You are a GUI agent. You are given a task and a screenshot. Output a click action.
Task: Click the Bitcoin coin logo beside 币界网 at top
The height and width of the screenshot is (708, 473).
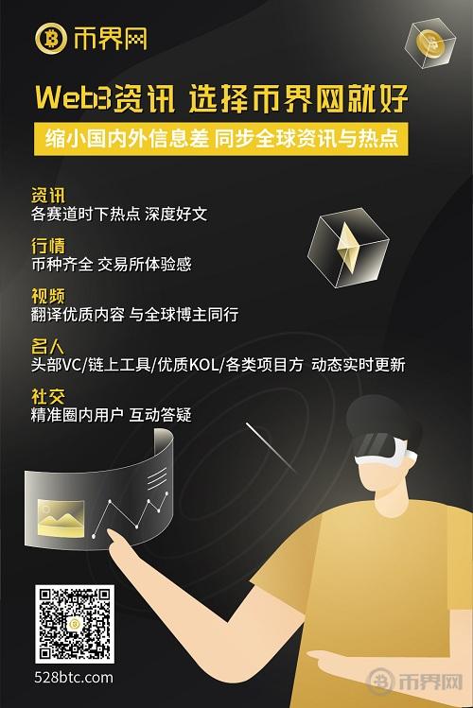(x=51, y=39)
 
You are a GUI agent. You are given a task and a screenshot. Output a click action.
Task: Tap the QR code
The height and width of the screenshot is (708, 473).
(x=75, y=625)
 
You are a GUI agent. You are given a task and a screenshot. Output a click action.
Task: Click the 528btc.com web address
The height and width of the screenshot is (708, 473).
(x=74, y=678)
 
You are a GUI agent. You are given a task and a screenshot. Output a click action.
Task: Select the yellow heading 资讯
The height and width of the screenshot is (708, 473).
(x=48, y=196)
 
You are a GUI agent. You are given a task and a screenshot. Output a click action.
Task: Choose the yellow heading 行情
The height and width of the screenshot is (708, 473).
(x=48, y=246)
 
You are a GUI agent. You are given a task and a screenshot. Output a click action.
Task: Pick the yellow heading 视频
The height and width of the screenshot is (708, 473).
(x=48, y=296)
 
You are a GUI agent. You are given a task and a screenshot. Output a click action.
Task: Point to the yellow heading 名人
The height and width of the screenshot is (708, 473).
(x=48, y=346)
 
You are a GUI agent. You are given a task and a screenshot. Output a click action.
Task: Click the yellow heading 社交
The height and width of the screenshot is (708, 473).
(x=48, y=396)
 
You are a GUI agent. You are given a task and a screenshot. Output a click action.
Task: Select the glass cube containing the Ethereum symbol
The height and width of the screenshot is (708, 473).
(x=348, y=248)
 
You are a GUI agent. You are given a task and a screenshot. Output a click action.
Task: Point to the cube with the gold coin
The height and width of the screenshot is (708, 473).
(x=429, y=43)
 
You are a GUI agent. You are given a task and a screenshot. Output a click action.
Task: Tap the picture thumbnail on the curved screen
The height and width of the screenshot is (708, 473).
(x=61, y=518)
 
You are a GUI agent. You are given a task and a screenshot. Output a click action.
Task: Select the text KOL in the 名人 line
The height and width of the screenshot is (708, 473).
(x=203, y=365)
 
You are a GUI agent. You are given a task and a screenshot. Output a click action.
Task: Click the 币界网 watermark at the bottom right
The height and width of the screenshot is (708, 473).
(x=414, y=681)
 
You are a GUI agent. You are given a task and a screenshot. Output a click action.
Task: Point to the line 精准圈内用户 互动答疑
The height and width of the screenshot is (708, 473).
(x=111, y=415)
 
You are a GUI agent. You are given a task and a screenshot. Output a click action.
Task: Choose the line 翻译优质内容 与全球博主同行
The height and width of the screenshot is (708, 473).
(x=134, y=315)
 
